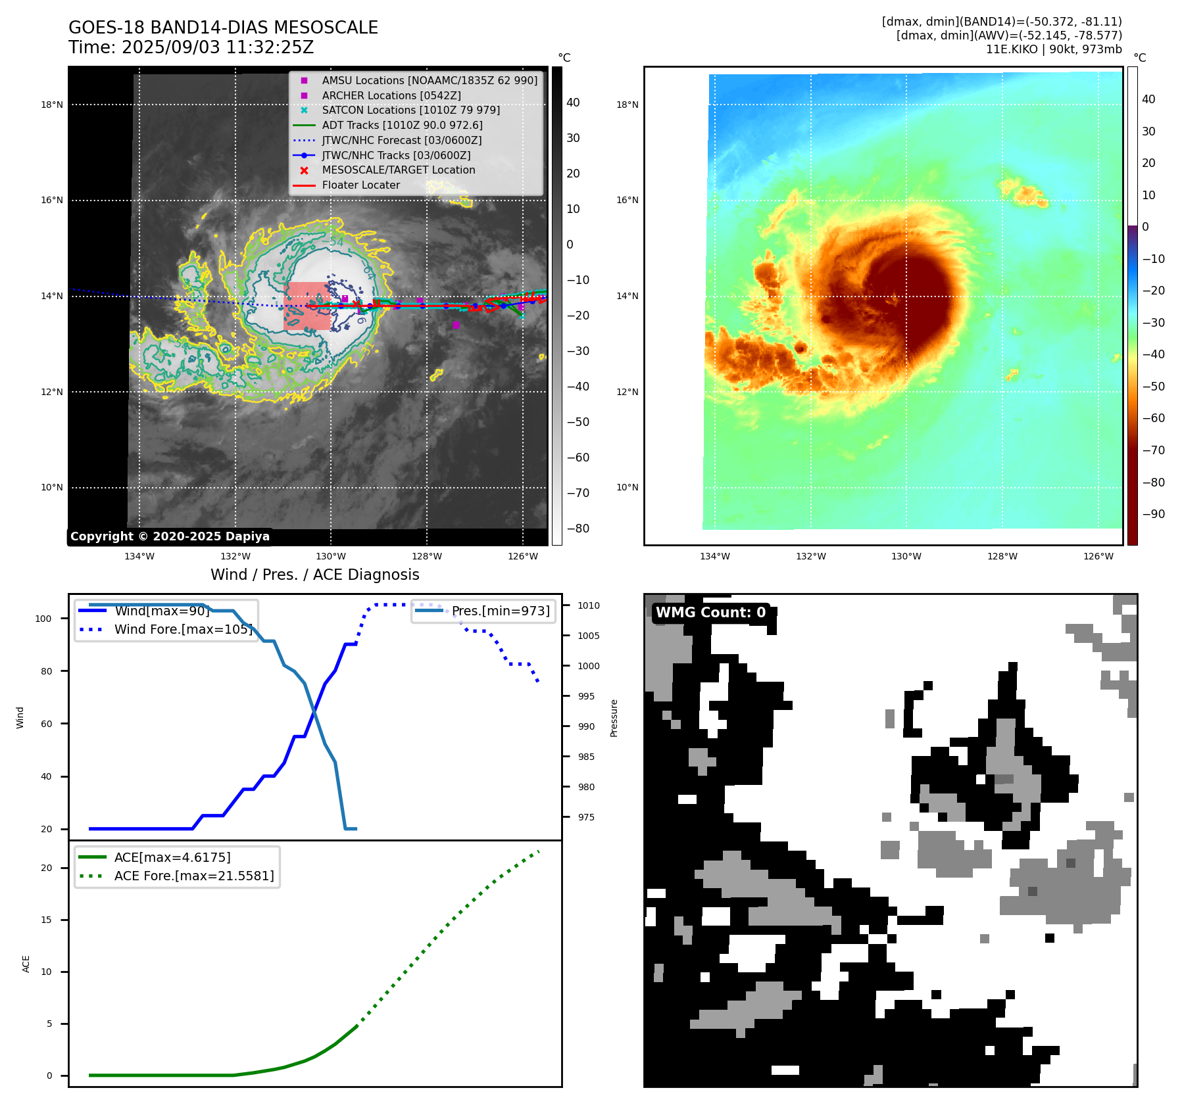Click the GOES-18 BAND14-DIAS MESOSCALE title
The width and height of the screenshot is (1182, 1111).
pos(223,28)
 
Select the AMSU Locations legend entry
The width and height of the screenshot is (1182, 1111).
pos(429,80)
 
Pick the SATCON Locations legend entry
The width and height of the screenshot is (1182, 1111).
pos(410,110)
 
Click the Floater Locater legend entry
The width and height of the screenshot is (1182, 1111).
pos(360,185)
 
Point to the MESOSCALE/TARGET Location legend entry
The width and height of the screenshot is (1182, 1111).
pos(398,170)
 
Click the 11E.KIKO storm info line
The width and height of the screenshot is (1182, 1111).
pos(1053,49)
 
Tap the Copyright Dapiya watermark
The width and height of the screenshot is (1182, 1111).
pos(170,536)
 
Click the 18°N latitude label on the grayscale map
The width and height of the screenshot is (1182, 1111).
pos(52,105)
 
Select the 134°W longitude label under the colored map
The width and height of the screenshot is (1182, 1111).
pos(714,556)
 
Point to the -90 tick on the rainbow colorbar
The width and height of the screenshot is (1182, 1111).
pos(1153,514)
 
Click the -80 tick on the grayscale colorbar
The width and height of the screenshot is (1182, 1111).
pos(578,529)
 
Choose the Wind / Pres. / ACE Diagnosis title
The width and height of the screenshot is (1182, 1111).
pos(314,575)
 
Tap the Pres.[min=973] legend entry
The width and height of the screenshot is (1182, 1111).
pos(500,611)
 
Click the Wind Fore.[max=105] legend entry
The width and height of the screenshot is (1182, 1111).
pos(183,629)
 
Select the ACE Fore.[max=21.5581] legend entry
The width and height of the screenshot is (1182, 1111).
pos(193,876)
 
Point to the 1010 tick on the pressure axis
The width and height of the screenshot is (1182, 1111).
pos(589,605)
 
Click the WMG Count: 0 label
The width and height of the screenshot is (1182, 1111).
pos(710,613)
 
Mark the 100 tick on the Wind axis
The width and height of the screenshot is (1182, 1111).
pos(43,619)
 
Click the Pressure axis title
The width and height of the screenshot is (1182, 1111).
pos(614,718)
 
